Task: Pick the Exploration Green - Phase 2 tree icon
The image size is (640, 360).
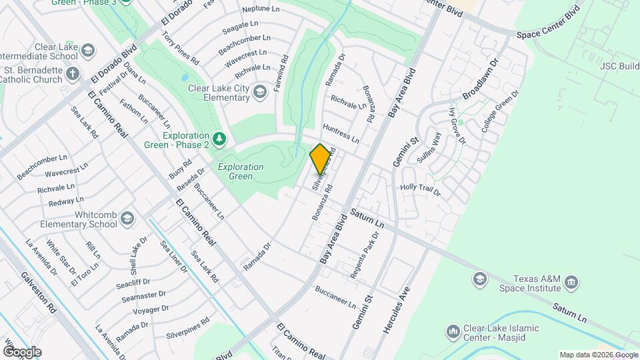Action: (x=219, y=139)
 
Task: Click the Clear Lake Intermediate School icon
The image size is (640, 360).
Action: (x=87, y=51)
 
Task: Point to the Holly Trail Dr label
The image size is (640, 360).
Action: (x=420, y=189)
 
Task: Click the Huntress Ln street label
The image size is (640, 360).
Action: (x=341, y=133)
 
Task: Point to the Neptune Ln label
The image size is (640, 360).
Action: (x=261, y=9)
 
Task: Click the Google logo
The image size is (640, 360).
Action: (x=21, y=351)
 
